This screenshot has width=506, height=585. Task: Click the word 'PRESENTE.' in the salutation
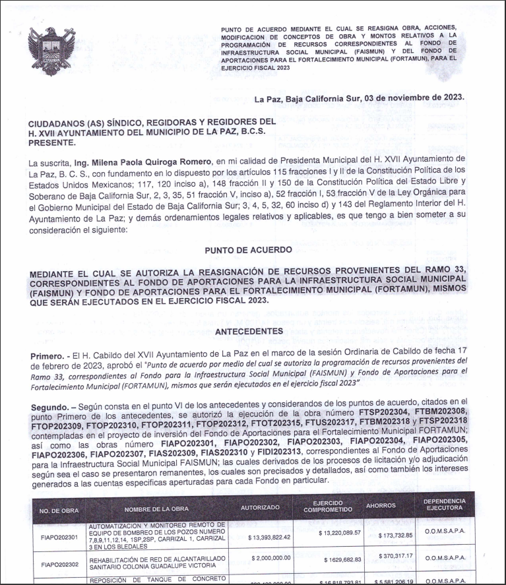click(52, 141)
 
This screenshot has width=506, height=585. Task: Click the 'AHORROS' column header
click(381, 506)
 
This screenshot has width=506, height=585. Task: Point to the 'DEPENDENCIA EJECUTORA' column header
click(448, 506)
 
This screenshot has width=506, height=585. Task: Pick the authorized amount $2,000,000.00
click(272, 559)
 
